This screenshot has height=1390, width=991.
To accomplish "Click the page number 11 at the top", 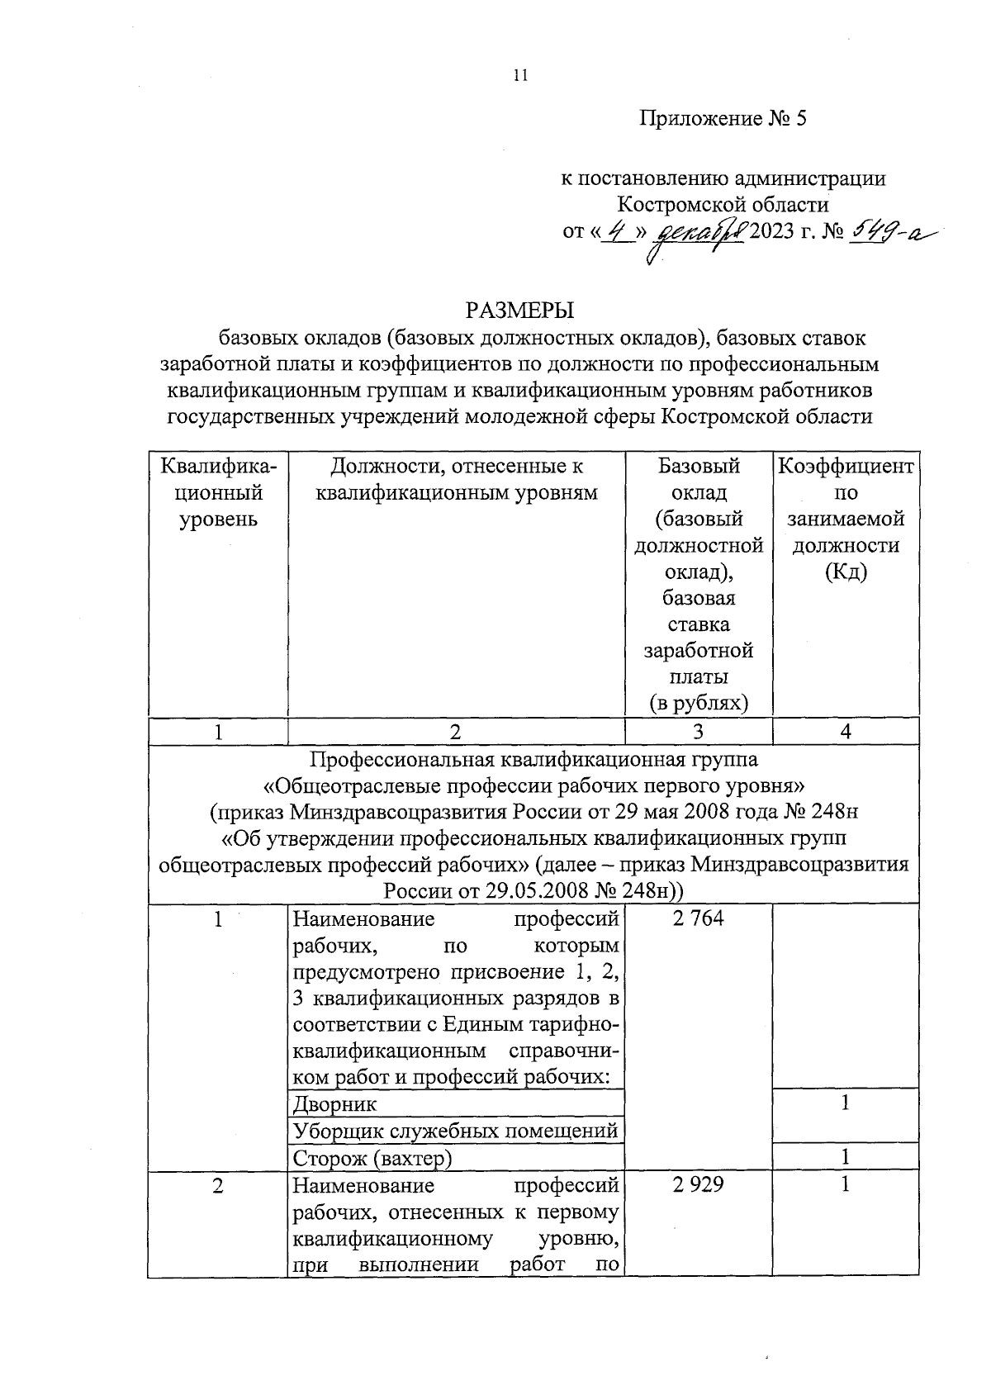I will [519, 75].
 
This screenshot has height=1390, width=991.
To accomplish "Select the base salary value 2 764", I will [698, 918].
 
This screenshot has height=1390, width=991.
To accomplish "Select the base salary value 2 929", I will [698, 1184].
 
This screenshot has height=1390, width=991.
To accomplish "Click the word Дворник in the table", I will [334, 1103].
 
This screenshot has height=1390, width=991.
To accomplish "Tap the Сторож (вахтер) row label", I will [372, 1158].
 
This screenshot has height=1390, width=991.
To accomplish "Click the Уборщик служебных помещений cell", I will [455, 1131].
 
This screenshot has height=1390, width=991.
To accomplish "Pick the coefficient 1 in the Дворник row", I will [845, 1103].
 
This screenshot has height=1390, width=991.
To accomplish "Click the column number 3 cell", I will [698, 731].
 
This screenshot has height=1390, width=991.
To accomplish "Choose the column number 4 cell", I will [845, 731].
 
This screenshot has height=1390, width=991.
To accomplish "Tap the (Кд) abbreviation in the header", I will [845, 572].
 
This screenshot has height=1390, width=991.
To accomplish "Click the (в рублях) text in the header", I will [698, 703].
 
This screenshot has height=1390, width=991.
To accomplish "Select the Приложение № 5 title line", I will [723, 118].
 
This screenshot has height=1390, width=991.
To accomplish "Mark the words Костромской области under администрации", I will [723, 203].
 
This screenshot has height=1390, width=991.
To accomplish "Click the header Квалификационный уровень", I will [218, 493].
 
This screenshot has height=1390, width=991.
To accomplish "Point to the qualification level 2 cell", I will [217, 1184].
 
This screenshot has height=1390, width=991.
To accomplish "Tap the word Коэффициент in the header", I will [845, 467].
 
